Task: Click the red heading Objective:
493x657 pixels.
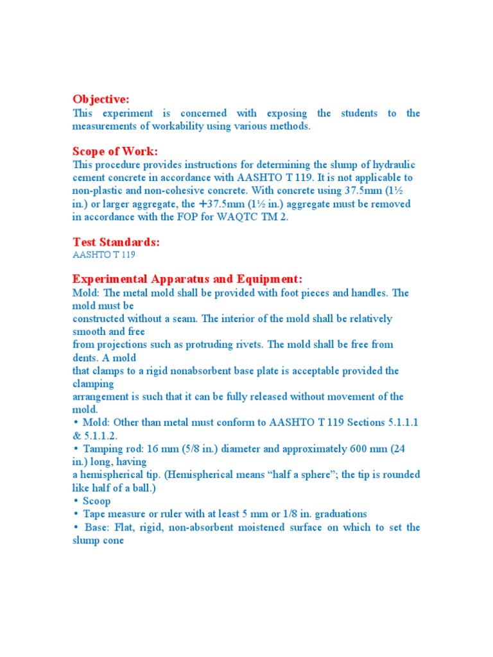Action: coord(101,99)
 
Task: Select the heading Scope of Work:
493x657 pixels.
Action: coord(115,151)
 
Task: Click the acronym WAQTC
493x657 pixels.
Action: coord(243,216)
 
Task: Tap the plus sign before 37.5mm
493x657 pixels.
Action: coord(203,203)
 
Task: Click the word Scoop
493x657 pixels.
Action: coord(96,500)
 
